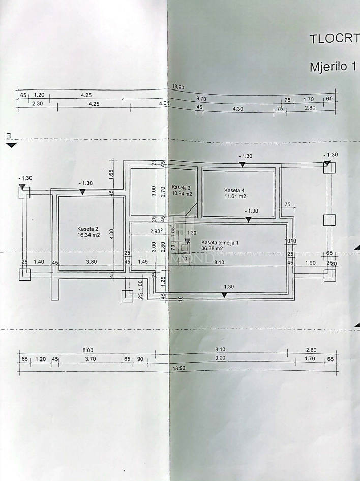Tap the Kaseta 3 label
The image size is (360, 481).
coord(181,187)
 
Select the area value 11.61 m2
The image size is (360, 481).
coord(235,196)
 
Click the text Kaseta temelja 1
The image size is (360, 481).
coord(220,242)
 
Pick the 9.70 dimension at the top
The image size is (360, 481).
coord(202,99)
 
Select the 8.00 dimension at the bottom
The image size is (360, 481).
coord(88,350)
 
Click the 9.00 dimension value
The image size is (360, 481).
coord(219,358)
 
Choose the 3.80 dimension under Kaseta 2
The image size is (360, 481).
coord(91,262)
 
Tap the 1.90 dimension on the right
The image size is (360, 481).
coord(310,262)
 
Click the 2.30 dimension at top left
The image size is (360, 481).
coord(37,103)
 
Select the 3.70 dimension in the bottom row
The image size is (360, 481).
coord(91,359)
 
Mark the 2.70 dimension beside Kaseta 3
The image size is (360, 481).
coord(163,191)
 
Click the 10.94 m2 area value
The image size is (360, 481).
coord(182,194)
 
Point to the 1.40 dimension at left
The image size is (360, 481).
coord(39,262)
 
